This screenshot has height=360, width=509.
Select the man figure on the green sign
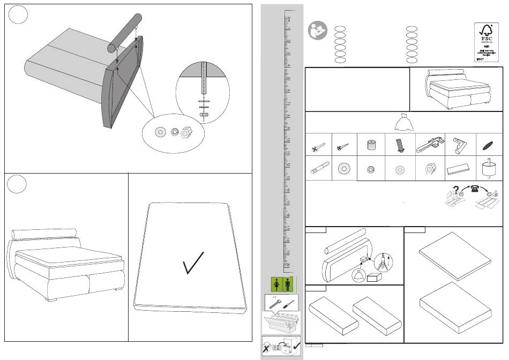[288, 284]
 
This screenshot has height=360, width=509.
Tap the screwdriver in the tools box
[287, 303]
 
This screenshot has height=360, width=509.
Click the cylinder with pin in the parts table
[489, 169]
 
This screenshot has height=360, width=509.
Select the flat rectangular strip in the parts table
[459, 170]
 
